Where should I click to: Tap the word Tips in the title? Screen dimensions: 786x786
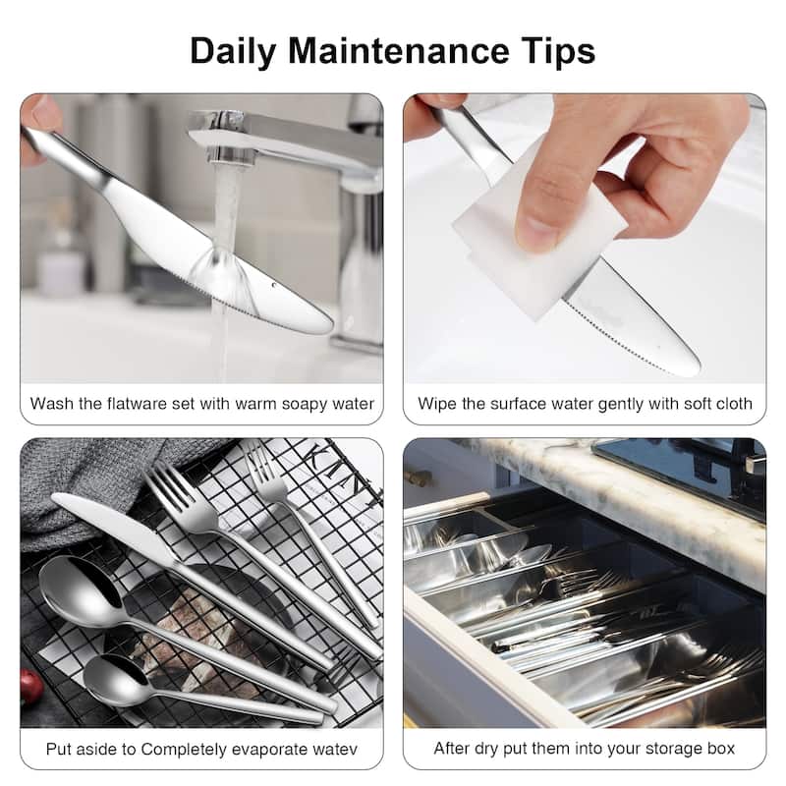click(558, 50)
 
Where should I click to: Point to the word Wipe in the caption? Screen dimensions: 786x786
click(436, 404)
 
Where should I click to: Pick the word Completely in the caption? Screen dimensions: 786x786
click(191, 749)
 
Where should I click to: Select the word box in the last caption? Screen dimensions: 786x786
click(720, 749)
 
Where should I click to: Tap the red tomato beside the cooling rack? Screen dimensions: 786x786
click(30, 686)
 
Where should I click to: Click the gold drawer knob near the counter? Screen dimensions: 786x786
click(420, 478)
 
